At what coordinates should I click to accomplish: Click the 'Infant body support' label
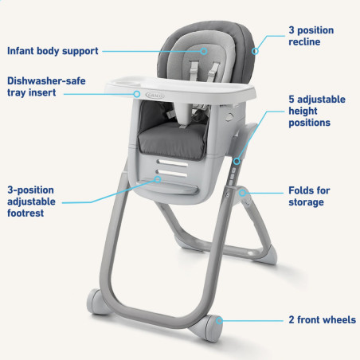(x=53, y=51)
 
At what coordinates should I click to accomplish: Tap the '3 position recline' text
(x=311, y=36)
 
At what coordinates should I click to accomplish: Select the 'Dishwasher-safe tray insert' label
(x=46, y=87)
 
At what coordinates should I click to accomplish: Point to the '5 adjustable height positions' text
(x=317, y=111)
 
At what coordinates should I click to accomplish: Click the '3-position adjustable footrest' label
(x=31, y=202)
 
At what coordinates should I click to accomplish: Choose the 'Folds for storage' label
(x=309, y=196)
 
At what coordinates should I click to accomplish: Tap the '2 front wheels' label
(x=322, y=320)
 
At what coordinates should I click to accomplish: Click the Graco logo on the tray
(x=155, y=95)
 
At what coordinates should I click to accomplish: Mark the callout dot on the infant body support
(x=204, y=51)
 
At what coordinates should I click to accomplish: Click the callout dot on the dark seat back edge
(x=255, y=51)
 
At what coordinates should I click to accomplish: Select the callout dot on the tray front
(x=137, y=94)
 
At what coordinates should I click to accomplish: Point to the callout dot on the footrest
(x=158, y=179)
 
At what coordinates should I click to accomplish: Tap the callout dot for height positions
(x=237, y=161)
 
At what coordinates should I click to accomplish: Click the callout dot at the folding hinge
(x=242, y=193)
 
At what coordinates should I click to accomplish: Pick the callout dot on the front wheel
(x=219, y=321)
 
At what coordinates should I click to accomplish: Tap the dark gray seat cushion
(x=172, y=141)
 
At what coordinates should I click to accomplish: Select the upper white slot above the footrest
(x=172, y=162)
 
